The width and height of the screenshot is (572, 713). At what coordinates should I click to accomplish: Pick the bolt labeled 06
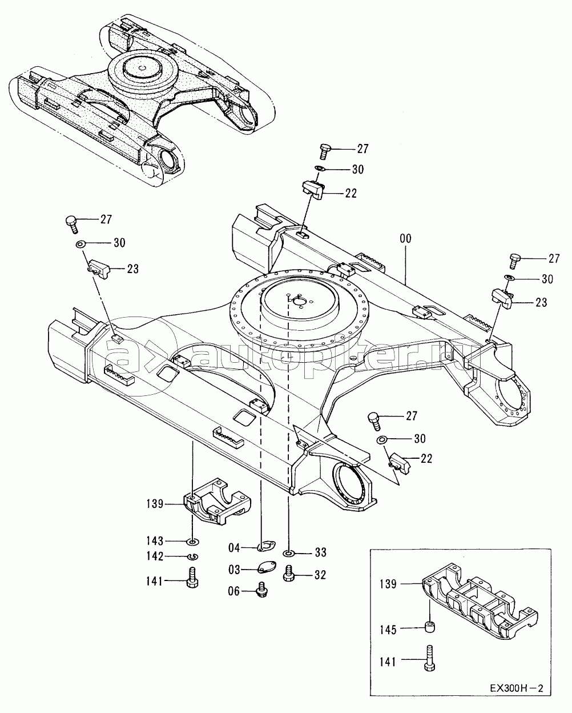263,590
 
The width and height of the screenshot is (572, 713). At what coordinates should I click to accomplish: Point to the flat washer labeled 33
289,553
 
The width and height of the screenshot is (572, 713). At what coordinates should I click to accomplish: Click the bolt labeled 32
289,574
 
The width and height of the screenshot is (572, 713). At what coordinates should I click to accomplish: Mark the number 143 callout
155,541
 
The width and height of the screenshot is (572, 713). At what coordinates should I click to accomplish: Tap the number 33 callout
320,553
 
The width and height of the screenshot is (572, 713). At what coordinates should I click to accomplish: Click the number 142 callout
155,557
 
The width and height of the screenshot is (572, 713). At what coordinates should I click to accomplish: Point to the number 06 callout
234,592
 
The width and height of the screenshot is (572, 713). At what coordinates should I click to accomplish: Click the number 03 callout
234,570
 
